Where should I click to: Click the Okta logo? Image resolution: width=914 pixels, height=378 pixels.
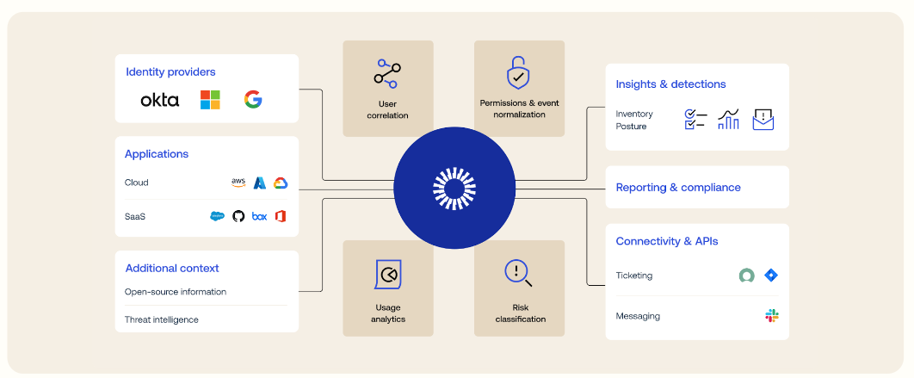(160, 100)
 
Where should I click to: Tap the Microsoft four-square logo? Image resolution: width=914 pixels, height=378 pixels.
(210, 100)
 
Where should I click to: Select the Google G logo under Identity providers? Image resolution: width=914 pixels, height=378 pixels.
(252, 100)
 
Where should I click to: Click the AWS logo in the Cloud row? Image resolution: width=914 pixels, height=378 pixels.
(238, 183)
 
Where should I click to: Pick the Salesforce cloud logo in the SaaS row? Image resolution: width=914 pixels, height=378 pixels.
(217, 216)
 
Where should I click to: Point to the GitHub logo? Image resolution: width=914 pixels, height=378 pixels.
(238, 216)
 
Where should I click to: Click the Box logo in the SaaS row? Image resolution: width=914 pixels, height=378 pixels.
(259, 216)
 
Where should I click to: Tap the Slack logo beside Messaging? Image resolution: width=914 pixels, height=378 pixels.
(772, 316)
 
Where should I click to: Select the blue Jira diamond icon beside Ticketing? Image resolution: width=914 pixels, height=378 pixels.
(771, 276)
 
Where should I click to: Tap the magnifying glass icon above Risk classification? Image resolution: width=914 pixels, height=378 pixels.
(518, 273)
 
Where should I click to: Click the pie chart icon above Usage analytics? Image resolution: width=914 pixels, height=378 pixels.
(388, 275)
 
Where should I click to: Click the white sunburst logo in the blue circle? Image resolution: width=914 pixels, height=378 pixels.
(454, 189)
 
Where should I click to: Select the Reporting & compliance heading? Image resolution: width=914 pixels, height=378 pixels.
(678, 188)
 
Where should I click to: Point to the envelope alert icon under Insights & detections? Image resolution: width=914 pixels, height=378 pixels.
(763, 120)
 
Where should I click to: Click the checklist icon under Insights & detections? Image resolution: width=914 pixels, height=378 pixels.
(695, 120)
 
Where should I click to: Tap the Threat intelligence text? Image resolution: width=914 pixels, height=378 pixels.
(162, 319)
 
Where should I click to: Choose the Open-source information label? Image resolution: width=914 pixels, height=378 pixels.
(176, 292)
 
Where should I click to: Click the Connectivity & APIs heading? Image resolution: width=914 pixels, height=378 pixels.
(667, 241)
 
